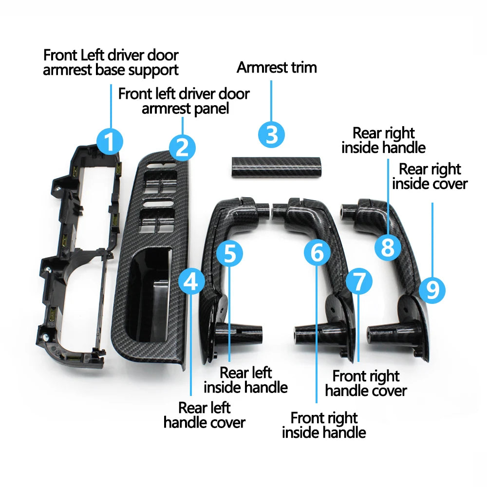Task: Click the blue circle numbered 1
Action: click(109, 141)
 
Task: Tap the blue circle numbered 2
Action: click(182, 148)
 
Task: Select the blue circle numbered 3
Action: click(271, 134)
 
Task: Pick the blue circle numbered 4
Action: click(191, 281)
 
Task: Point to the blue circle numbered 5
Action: click(229, 253)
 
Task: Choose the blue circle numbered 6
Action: click(317, 252)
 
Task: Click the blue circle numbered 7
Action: click(359, 281)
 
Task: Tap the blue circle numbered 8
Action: click(388, 247)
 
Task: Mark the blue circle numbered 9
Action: click(432, 290)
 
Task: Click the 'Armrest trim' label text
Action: click(277, 67)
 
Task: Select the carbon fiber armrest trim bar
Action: click(276, 167)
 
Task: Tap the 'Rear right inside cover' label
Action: click(430, 176)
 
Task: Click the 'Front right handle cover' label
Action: click(366, 383)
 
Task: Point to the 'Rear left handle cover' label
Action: click(205, 415)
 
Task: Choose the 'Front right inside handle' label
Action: click(324, 425)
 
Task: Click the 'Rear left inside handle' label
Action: click(245, 380)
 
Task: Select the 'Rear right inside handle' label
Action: click(384, 140)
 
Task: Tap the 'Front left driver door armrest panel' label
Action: click(184, 101)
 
